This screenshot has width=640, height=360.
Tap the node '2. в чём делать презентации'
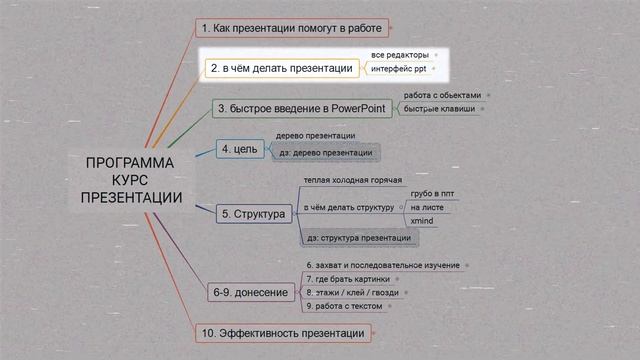(x=281, y=69)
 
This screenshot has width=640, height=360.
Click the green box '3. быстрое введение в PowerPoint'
(x=304, y=108)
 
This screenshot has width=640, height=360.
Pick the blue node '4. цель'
(x=239, y=150)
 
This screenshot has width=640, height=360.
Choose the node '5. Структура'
(x=254, y=214)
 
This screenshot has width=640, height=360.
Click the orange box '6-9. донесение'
(x=250, y=292)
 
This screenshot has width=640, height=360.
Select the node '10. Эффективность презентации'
(x=285, y=331)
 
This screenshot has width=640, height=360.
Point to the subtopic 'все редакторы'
(x=399, y=54)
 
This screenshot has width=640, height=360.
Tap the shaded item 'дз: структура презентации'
(x=358, y=238)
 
